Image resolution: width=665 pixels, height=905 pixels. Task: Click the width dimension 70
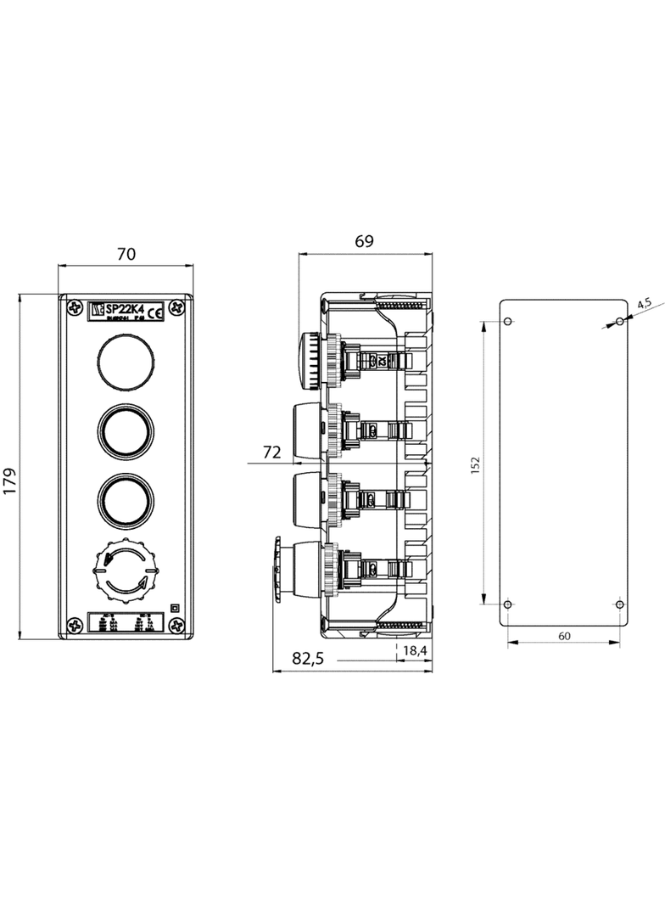pos(126,253)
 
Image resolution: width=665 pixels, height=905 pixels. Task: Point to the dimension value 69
pos(365,242)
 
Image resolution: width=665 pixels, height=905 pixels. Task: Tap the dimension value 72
pos(271,453)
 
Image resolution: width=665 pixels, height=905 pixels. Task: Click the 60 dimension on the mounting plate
pos(564,636)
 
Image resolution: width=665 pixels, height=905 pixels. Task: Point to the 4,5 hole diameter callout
pos(644,302)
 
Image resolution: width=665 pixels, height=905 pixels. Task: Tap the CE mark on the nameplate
pos(157,314)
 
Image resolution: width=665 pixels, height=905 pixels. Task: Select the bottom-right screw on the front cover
pos(177,626)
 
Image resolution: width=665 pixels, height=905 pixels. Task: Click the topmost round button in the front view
pos(126,359)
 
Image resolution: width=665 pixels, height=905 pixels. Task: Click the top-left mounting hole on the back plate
pos(508,322)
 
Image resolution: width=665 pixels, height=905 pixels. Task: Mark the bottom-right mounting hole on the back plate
pos(619,604)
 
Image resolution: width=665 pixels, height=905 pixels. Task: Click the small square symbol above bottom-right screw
pos(174,607)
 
